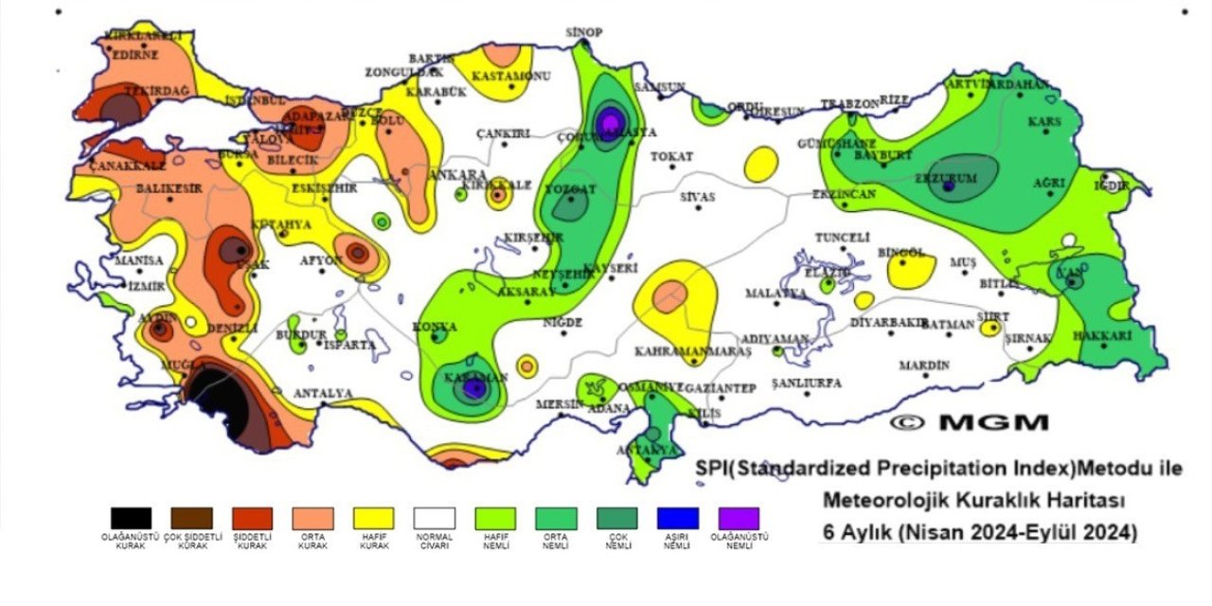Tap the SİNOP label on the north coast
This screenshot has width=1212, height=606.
click(x=584, y=33)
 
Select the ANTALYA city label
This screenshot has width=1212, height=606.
click(x=323, y=393)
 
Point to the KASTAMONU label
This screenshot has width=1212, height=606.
click(x=511, y=76)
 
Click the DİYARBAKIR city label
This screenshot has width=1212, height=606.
click(x=887, y=322)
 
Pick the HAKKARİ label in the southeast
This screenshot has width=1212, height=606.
click(x=1103, y=336)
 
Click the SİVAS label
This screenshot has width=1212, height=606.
click(x=698, y=197)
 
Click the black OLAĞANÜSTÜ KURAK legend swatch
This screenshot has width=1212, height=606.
click(x=131, y=518)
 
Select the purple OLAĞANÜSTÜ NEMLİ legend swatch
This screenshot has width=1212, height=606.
click(x=739, y=518)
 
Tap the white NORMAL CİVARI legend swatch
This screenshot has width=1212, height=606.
click(x=435, y=518)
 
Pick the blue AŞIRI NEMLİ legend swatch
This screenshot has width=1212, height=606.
click(x=677, y=518)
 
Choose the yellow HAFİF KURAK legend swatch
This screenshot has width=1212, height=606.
click(x=373, y=518)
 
